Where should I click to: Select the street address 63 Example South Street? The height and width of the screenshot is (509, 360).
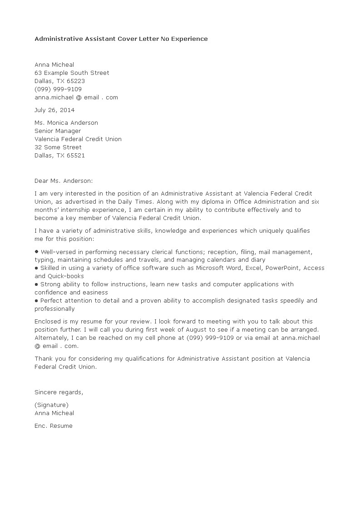point(72,73)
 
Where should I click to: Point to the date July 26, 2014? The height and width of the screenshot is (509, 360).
point(54,110)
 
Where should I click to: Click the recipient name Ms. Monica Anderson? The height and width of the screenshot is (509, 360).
point(66,122)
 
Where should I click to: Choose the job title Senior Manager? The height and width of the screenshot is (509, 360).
point(58,131)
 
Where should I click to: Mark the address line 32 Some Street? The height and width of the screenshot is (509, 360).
point(58,147)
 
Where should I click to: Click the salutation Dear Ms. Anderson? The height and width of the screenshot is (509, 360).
point(64,181)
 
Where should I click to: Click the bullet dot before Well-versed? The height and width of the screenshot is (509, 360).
point(36,252)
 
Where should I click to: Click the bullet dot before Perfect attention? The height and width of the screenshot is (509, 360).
point(36,301)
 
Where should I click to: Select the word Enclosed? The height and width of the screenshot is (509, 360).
point(48,321)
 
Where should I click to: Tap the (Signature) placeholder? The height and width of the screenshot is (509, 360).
point(51,405)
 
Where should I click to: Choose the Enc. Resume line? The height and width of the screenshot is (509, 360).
point(54,426)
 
